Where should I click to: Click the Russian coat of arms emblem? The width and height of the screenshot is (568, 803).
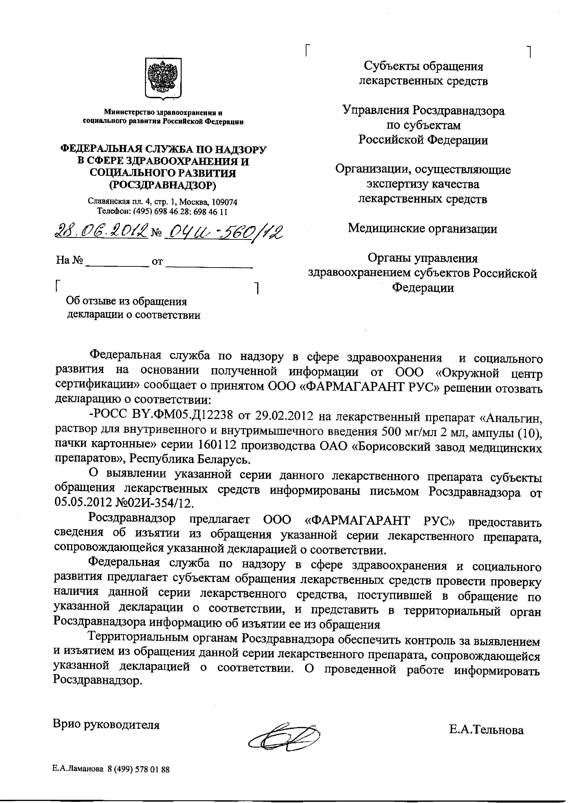pyautogui.click(x=163, y=78)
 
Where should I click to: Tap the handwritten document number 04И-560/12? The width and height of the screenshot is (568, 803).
pyautogui.click(x=223, y=231)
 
